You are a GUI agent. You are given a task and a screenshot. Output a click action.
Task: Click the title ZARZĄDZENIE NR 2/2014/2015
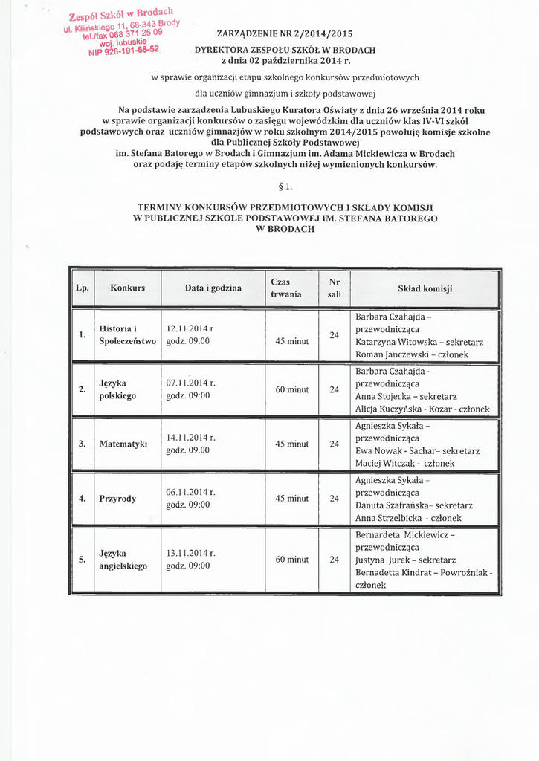[x=285, y=33]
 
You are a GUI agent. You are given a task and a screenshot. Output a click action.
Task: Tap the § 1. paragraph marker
[x=285, y=186]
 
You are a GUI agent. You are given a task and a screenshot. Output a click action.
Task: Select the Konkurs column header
[x=127, y=288]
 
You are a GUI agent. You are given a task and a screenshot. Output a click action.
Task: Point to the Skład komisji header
[x=425, y=288]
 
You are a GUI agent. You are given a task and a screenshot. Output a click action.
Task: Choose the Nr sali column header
[x=335, y=288]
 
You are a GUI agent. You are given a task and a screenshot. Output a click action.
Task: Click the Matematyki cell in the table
[x=123, y=444]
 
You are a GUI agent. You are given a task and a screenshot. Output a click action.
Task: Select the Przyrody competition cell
[x=117, y=498]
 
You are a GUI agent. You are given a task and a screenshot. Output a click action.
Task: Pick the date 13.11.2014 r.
[x=191, y=553]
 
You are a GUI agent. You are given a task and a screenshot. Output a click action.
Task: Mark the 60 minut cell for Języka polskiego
[x=292, y=389]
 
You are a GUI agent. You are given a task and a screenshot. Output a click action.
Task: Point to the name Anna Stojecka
[x=385, y=396]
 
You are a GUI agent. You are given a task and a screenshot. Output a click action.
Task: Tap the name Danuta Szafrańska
[x=393, y=505]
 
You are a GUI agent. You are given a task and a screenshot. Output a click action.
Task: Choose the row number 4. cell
[x=83, y=498]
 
